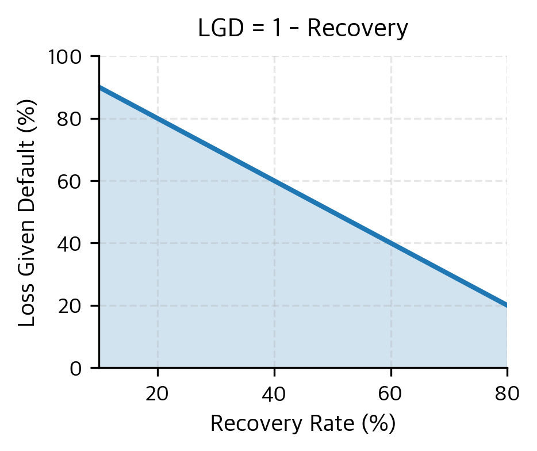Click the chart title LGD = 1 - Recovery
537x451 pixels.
point(303,29)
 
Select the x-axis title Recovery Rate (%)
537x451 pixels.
point(303,424)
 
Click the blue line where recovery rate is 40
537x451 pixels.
point(274,181)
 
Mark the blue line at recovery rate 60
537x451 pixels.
point(391,243)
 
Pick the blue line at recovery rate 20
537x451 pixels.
point(158,119)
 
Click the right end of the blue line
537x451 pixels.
point(507,305)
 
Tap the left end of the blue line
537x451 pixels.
point(100,87)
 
